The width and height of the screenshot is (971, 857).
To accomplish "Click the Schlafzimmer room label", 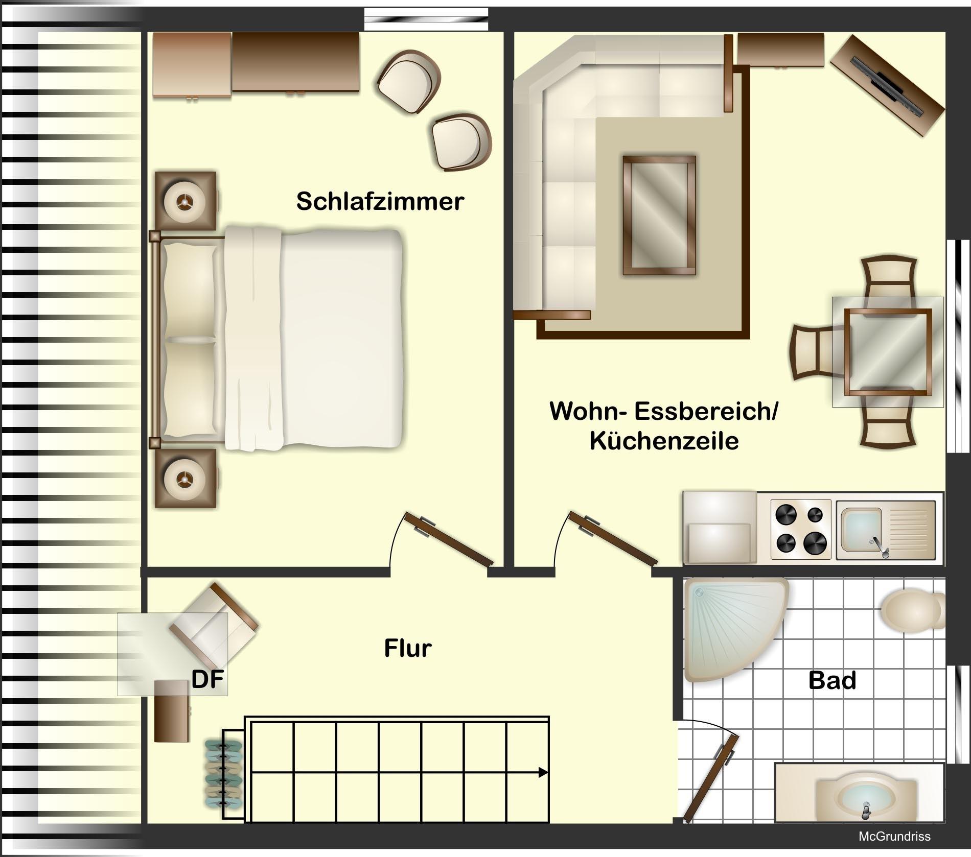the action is pos(380,201).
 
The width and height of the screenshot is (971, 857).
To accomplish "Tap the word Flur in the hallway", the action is pos(408,649).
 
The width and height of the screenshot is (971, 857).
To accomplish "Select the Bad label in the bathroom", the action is pos(832,680).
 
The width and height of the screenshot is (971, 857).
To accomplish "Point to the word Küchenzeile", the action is pos(664,441).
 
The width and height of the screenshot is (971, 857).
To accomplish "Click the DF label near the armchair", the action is pos(207,680).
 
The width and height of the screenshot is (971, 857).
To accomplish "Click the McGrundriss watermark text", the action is pos(894,837).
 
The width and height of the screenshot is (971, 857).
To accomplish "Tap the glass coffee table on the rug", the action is pos(659,216).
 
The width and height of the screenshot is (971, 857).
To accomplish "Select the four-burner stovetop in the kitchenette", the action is pos(801,528).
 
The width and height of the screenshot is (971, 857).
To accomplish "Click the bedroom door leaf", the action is pos(449,539).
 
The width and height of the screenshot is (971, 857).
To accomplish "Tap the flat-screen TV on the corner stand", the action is pos(888,84).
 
